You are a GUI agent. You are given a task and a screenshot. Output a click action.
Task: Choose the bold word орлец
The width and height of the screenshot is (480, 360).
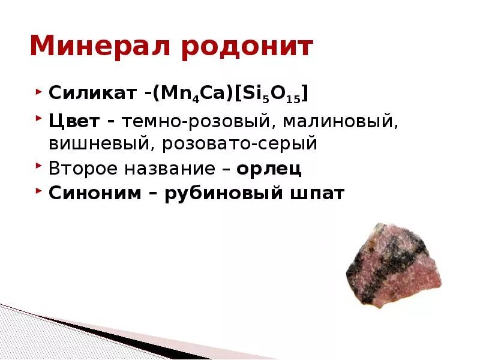point(269,169)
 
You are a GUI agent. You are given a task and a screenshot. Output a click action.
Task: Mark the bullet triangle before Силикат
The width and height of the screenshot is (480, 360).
point(38,93)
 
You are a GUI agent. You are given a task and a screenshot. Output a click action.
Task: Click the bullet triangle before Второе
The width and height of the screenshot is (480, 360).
point(38,167)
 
